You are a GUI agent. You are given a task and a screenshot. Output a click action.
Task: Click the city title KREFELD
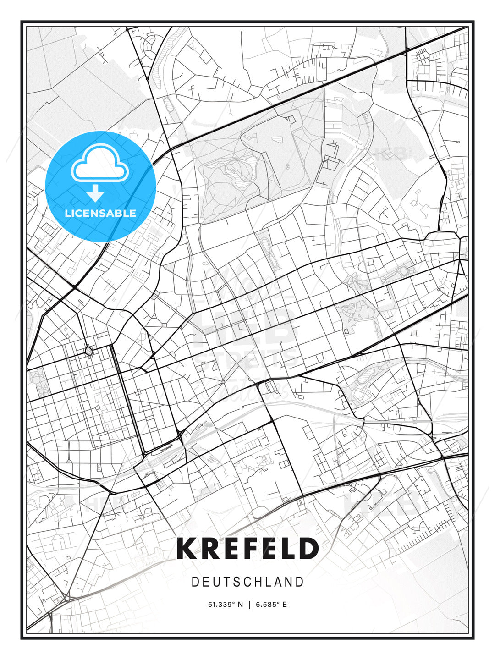point(247,549)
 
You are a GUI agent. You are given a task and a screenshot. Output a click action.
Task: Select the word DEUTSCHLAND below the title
point(247,582)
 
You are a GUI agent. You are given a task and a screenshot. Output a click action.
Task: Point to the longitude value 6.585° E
point(271,605)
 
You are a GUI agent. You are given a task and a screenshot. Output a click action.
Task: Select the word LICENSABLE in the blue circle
point(100,213)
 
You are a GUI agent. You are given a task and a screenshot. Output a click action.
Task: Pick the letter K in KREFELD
point(186,549)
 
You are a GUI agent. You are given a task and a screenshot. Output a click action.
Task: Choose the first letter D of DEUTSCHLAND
point(195,582)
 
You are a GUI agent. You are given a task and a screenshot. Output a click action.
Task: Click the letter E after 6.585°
point(285,605)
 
